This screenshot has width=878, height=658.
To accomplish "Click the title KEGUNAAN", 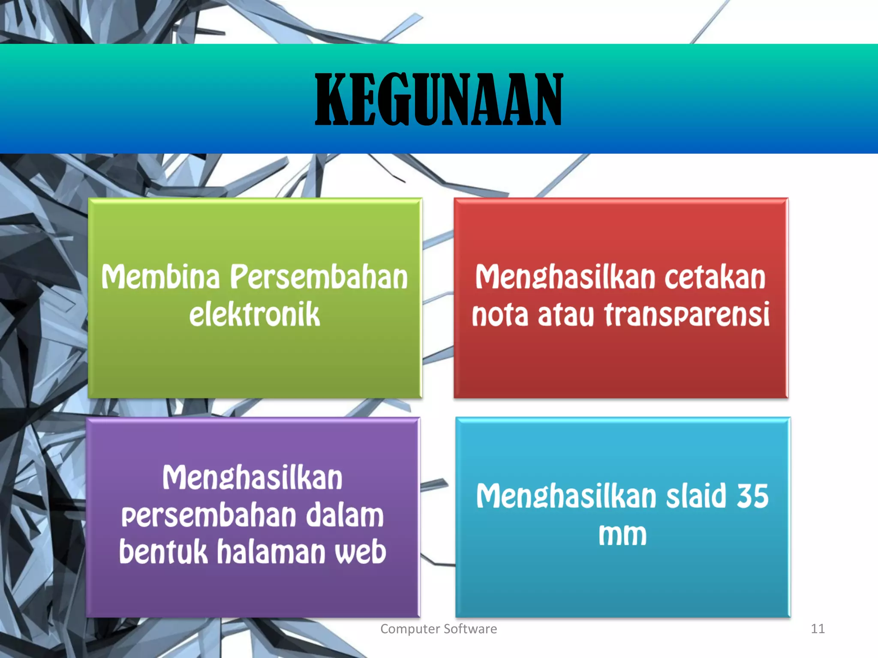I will pos(439,99).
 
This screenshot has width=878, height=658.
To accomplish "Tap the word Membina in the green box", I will pos(160,277).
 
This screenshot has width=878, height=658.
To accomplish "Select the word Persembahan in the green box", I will pos(319,277).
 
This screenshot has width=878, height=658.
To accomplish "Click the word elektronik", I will pos(255,314).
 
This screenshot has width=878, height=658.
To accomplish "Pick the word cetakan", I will pos(715,277).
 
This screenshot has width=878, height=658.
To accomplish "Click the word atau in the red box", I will pos(566,314).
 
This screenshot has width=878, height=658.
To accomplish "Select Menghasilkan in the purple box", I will pos(253,479).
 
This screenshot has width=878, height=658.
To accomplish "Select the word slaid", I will pos(696,496).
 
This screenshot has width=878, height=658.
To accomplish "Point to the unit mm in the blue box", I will pos(622,535).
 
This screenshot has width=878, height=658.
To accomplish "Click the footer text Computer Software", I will pos(439,629).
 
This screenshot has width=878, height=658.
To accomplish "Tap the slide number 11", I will pos(818,629).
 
